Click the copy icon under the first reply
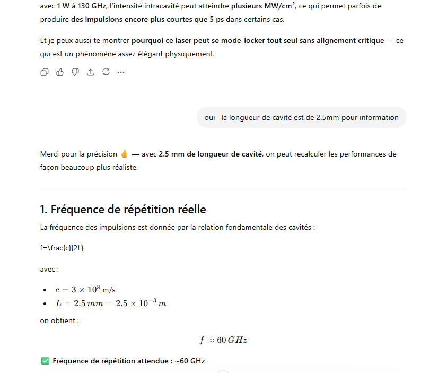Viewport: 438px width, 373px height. (x=45, y=72)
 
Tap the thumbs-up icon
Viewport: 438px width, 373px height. (x=60, y=72)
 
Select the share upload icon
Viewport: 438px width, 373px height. (x=91, y=72)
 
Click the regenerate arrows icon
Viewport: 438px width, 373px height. (x=106, y=72)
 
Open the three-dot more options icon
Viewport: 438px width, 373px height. (x=121, y=72)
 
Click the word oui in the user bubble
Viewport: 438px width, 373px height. (x=209, y=118)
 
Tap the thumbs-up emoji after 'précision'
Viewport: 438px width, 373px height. (x=125, y=154)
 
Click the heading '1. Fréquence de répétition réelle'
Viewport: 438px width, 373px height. (x=123, y=209)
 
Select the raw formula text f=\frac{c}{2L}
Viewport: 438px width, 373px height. (x=62, y=248)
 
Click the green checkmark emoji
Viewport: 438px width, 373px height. (x=45, y=361)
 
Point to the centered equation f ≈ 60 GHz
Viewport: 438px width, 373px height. (x=223, y=340)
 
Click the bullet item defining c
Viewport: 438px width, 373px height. (x=85, y=290)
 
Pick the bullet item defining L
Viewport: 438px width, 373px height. (x=110, y=303)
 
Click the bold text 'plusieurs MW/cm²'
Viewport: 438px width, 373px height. (x=263, y=6)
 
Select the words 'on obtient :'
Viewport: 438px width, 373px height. (x=59, y=320)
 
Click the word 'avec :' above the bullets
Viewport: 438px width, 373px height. (x=49, y=269)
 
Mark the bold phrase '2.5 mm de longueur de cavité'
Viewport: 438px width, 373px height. (x=211, y=154)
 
